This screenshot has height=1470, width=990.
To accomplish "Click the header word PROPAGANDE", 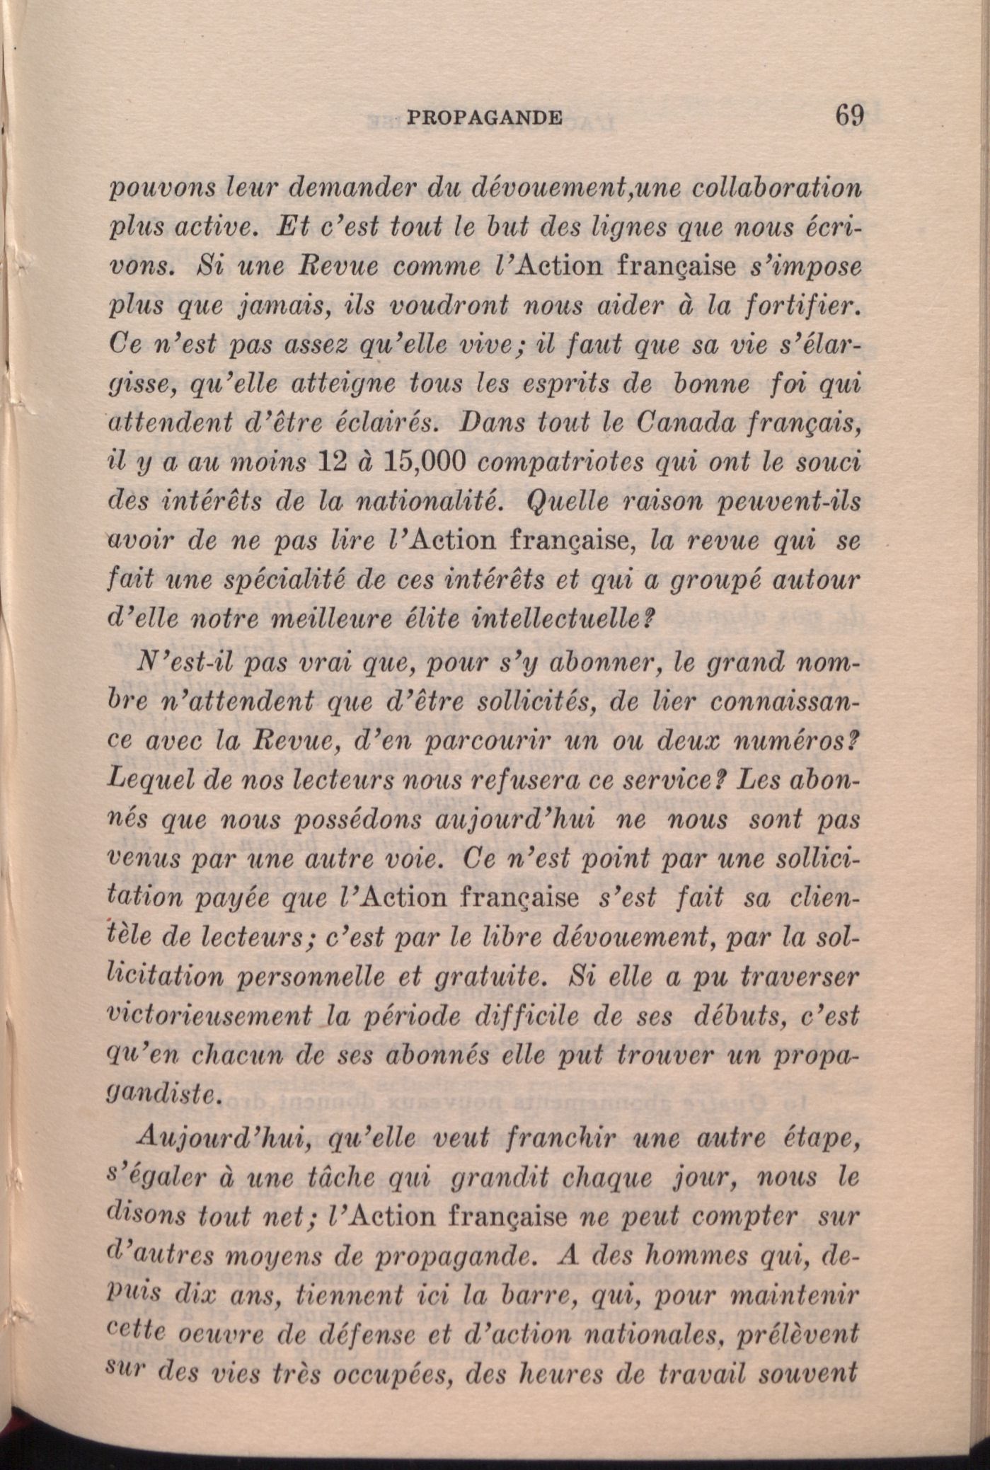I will tap(485, 117).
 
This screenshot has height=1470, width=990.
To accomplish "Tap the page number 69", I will tap(850, 115).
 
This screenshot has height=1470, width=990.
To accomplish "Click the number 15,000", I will tap(423, 461).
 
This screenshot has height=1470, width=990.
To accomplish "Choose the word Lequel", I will tap(144, 781).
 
